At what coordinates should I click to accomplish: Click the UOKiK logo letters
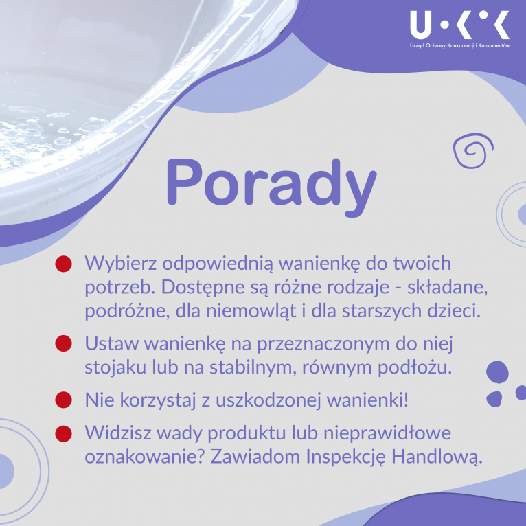pyautogui.click(x=459, y=25)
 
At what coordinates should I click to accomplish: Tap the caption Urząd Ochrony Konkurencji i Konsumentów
pyautogui.click(x=459, y=45)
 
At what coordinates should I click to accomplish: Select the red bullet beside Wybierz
pyautogui.click(x=63, y=264)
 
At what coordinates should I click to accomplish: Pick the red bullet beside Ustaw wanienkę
pyautogui.click(x=63, y=343)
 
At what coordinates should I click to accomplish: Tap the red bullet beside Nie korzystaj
pyautogui.click(x=63, y=400)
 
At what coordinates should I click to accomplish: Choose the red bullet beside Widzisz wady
pyautogui.click(x=63, y=433)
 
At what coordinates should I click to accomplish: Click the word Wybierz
pyautogui.click(x=120, y=263)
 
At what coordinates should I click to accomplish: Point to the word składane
pyautogui.click(x=448, y=288)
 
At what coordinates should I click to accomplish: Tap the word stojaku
pyautogui.click(x=115, y=367)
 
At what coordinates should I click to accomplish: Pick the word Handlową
pyautogui.click(x=437, y=457)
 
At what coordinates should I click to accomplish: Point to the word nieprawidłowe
pyautogui.click(x=387, y=433)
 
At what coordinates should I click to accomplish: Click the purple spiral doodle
pyautogui.click(x=473, y=150)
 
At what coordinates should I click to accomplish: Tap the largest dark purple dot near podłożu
pyautogui.click(x=497, y=372)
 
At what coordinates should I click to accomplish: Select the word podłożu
pyautogui.click(x=415, y=367)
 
